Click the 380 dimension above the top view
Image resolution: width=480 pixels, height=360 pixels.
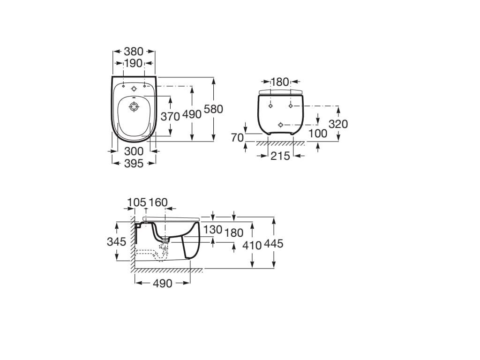[134, 52]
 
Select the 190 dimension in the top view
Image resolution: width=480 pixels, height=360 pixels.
[134, 63]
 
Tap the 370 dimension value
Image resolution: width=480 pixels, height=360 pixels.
[170, 116]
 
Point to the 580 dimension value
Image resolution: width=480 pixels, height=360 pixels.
[213, 109]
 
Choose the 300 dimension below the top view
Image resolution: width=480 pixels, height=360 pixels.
[134, 151]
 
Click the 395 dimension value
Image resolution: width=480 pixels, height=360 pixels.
[134, 163]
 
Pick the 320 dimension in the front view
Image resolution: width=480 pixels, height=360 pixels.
[338, 124]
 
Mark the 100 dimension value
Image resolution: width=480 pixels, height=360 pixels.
[318, 134]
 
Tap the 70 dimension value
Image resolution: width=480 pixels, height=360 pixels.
[238, 137]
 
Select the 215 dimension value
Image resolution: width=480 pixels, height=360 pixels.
[280, 156]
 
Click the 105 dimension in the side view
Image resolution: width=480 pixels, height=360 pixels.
[137, 202]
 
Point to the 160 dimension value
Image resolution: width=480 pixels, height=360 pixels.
[158, 202]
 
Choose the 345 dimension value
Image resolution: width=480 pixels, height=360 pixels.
[116, 241]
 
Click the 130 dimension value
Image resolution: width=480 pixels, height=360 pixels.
[213, 230]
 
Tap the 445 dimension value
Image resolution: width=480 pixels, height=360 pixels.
[274, 244]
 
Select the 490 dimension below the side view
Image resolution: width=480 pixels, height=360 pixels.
[163, 283]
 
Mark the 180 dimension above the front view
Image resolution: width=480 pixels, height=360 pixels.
[280, 82]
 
